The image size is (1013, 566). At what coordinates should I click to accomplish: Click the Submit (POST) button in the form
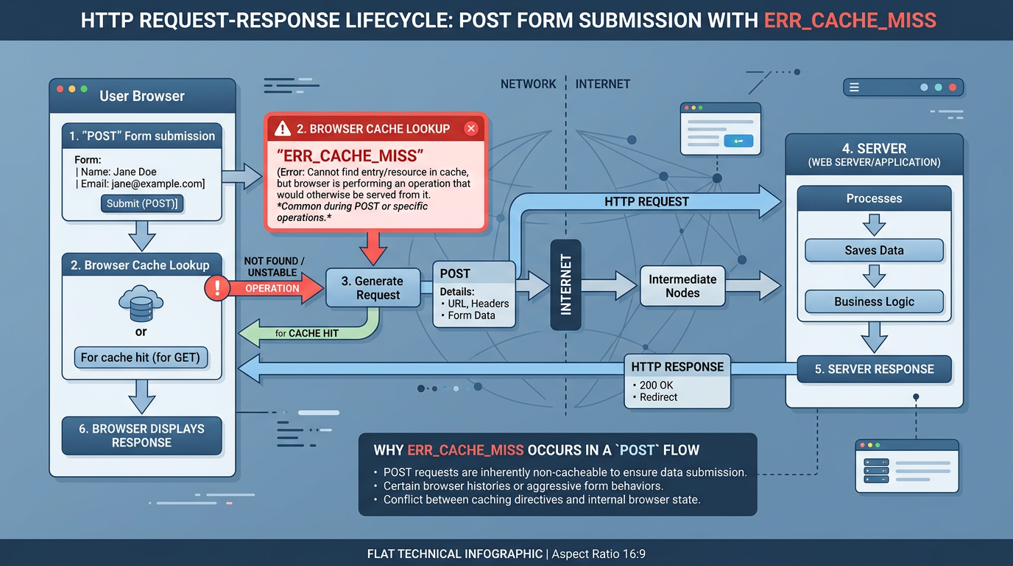141,204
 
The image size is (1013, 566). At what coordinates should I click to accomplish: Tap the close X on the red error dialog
471,129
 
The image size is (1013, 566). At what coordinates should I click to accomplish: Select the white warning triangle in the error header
283,129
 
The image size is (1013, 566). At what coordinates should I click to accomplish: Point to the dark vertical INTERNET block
565,284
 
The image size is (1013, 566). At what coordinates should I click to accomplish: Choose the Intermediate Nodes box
682,286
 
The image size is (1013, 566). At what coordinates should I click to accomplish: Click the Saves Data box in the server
874,251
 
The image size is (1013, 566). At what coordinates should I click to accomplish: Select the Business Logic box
874,301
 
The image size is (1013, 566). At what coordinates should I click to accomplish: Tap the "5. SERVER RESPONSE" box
874,369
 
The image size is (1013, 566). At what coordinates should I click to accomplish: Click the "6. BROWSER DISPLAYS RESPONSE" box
141,436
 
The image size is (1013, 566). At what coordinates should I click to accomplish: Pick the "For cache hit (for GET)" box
141,357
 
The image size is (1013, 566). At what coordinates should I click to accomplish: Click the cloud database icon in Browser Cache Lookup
141,304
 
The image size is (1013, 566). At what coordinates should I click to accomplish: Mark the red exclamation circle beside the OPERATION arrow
217,288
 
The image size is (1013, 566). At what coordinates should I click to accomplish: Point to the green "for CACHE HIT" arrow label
306,334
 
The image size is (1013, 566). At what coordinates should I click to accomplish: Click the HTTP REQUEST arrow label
646,201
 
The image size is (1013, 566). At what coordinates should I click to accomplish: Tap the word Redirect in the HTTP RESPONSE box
658,397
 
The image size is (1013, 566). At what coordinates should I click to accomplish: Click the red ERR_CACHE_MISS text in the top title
850,20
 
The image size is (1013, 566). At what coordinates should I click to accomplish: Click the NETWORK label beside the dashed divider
528,84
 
